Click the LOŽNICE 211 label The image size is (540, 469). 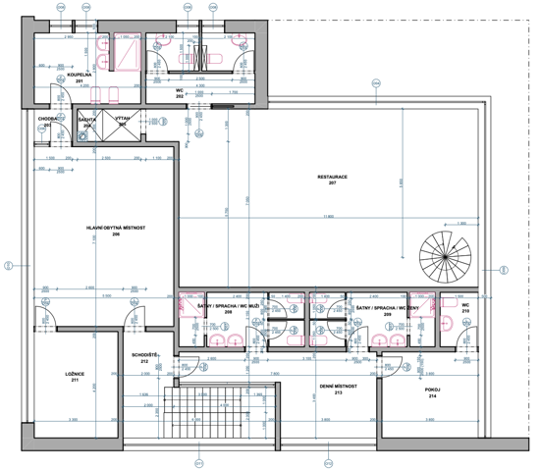68,377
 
